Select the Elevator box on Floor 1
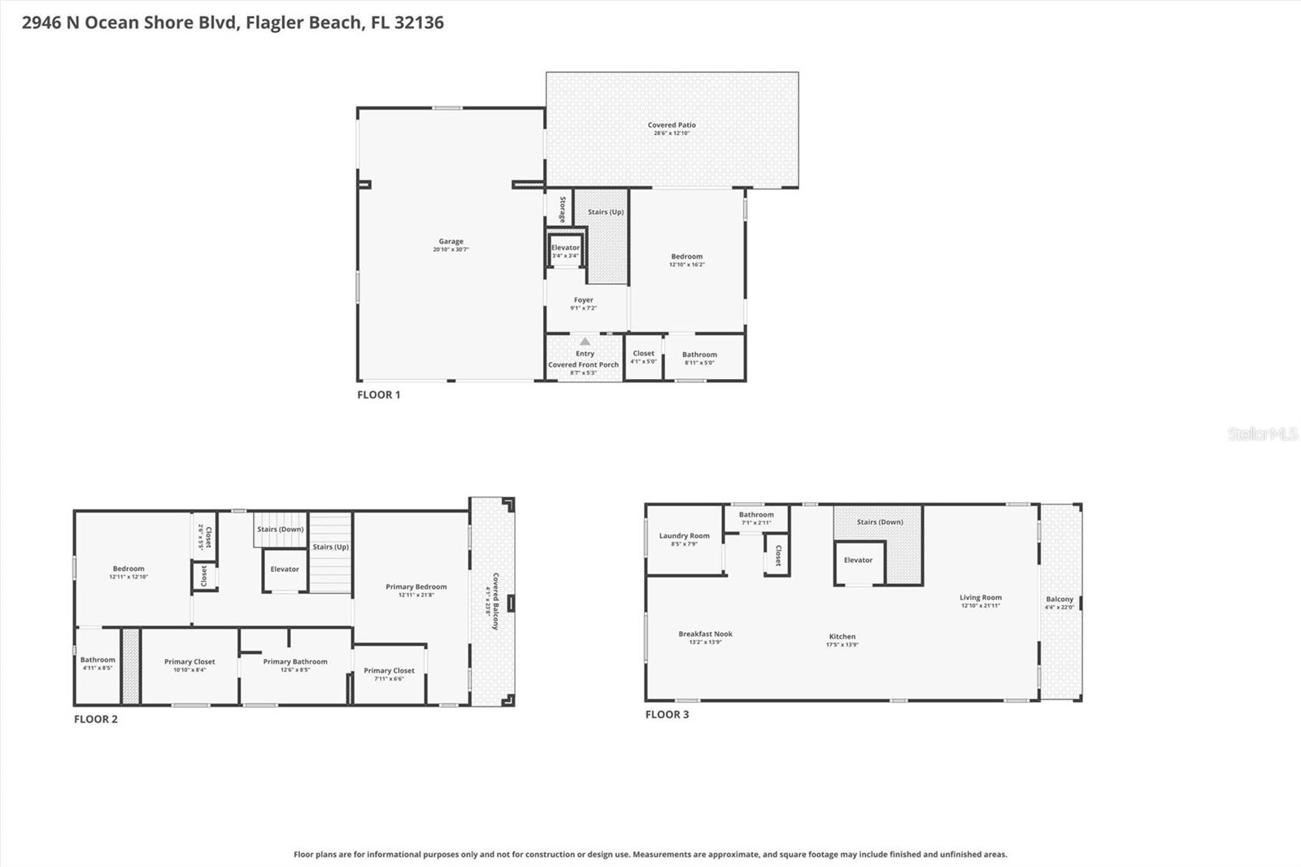(x=565, y=251)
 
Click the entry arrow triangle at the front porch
(x=585, y=342)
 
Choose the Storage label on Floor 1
(x=562, y=209)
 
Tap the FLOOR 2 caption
(x=96, y=719)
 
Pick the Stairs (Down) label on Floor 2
(x=280, y=529)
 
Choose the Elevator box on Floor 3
(x=858, y=561)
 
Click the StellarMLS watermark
(x=1262, y=434)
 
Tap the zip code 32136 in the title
(x=419, y=23)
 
